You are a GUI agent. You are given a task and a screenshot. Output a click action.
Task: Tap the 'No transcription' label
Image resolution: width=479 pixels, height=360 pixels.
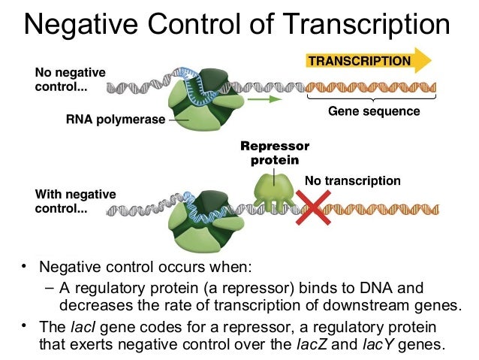pyautogui.click(x=352, y=181)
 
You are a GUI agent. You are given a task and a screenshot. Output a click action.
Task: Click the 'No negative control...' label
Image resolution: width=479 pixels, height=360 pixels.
pyautogui.click(x=70, y=80)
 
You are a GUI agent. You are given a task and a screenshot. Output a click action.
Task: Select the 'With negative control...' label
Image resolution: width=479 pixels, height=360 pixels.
pyautogui.click(x=75, y=201)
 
